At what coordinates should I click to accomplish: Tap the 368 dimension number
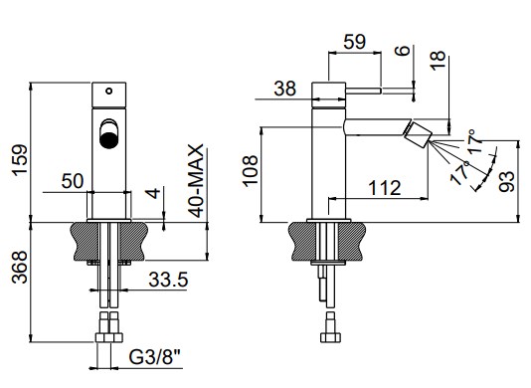tap(19, 267)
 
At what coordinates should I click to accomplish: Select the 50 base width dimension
tap(73, 181)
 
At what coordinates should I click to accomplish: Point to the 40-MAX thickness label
tap(197, 181)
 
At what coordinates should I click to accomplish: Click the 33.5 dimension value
tap(168, 280)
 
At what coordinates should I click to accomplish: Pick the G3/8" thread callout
tap(155, 356)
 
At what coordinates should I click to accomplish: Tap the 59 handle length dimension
tap(355, 42)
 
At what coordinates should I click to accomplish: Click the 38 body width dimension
tap(285, 89)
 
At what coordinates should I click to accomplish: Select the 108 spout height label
tap(251, 171)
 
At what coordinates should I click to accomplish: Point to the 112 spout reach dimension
tap(385, 188)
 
